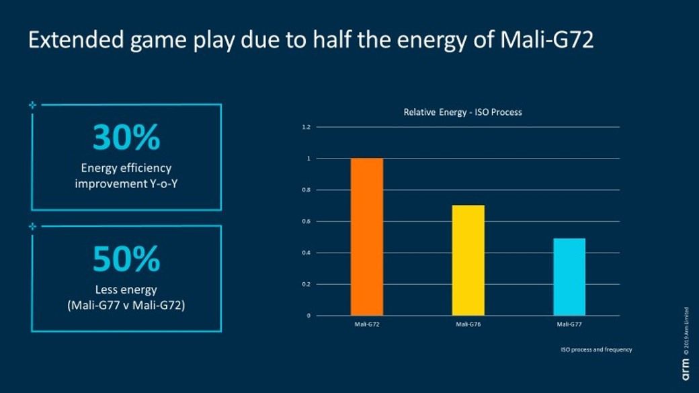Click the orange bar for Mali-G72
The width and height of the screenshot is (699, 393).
click(366, 236)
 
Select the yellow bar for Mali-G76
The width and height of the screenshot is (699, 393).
click(468, 260)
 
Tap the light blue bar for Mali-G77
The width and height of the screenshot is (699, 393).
click(569, 276)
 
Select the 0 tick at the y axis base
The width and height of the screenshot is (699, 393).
click(309, 316)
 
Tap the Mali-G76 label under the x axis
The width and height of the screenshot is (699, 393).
click(467, 324)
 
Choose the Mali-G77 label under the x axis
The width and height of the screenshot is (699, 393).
click(569, 324)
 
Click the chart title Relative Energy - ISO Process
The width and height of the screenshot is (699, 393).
click(462, 112)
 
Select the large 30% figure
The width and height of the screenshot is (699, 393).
click(126, 138)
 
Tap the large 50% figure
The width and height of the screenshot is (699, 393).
click(126, 259)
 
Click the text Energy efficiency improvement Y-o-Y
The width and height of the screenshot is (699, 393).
click(126, 175)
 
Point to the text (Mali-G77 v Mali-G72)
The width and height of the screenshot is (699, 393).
click(126, 305)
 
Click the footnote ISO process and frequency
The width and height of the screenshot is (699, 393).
click(596, 349)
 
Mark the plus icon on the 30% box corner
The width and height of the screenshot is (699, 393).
click(32, 105)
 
